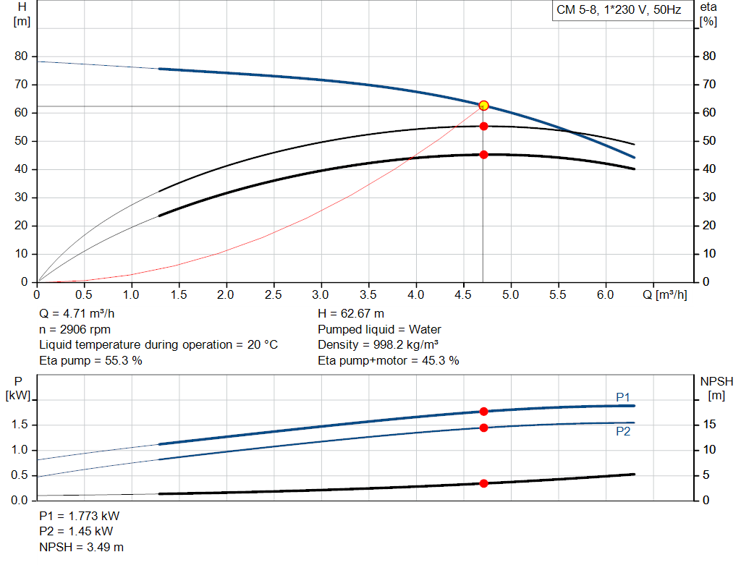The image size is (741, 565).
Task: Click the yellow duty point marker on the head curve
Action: [483, 106]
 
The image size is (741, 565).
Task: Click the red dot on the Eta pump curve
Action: [483, 126]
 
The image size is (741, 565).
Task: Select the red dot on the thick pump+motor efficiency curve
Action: [483, 154]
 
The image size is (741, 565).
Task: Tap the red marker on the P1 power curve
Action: [483, 412]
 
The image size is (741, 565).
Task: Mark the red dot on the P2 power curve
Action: [483, 428]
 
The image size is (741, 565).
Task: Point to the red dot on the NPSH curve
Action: [483, 483]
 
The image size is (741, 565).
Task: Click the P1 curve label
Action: [623, 397]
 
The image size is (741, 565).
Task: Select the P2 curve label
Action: [623, 431]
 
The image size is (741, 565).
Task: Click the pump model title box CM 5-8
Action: [619, 10]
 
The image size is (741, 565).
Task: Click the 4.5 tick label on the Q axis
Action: [463, 295]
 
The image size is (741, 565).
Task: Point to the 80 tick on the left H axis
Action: [20, 56]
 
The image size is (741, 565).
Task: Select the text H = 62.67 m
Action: [351, 314]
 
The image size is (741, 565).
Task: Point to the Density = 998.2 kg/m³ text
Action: [377, 344]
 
